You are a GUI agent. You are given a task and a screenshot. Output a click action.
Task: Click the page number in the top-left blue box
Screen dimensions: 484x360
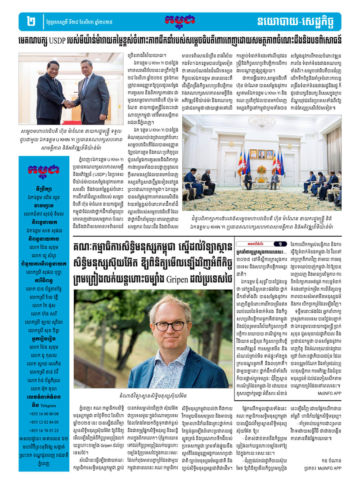(x=31, y=21)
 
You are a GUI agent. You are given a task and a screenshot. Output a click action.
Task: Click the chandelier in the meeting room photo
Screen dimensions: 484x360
(x=261, y=122)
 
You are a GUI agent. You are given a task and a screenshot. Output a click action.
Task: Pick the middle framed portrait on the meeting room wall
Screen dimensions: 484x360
(x=261, y=154)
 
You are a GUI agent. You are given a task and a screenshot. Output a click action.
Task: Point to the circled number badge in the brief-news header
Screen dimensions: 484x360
(x=279, y=244)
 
